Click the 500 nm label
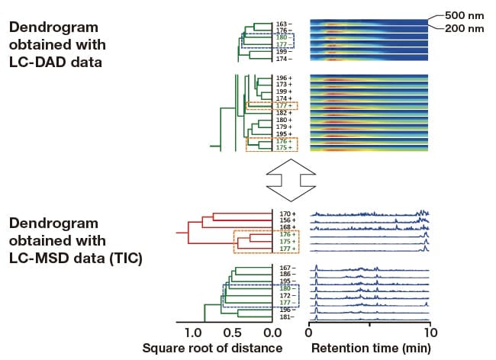pos(469,15)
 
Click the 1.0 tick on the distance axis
pos(193,333)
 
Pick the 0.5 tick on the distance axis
pos(233,333)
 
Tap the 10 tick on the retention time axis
pos(430,333)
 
